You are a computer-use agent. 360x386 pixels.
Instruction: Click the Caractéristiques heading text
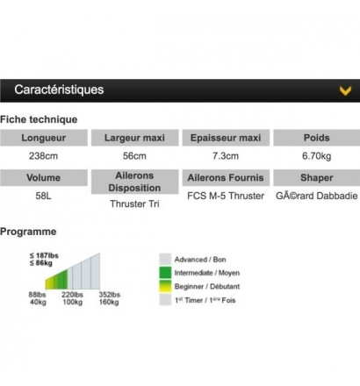(59, 89)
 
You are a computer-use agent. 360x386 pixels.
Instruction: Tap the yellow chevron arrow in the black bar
(345, 90)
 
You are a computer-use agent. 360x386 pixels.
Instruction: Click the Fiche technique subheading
(39, 119)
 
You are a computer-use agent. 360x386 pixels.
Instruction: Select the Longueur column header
(44, 138)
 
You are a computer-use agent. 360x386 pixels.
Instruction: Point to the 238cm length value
(43, 156)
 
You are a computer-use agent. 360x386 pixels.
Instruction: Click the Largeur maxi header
(134, 138)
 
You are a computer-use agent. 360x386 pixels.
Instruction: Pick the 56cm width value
(134, 156)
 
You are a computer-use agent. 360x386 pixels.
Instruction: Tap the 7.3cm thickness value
(226, 156)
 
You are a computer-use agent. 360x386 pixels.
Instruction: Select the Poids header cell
(317, 138)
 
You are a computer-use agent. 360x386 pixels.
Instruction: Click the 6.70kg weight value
(317, 156)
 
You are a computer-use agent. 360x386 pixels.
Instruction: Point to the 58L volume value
(43, 196)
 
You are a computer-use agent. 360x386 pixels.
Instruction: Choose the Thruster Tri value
(134, 204)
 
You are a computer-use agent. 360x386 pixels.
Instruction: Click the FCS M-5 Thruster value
(226, 196)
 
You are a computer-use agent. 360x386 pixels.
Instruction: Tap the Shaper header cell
(317, 177)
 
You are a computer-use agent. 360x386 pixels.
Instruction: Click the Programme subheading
(28, 232)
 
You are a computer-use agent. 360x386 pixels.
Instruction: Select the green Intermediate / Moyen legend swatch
(165, 273)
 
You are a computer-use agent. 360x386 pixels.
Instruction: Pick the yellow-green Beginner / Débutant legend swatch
(165, 286)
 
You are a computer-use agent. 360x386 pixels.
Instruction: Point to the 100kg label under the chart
(73, 302)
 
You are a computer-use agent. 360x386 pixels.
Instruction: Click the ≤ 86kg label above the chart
(41, 263)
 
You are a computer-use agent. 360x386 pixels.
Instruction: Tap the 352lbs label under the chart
(110, 295)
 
